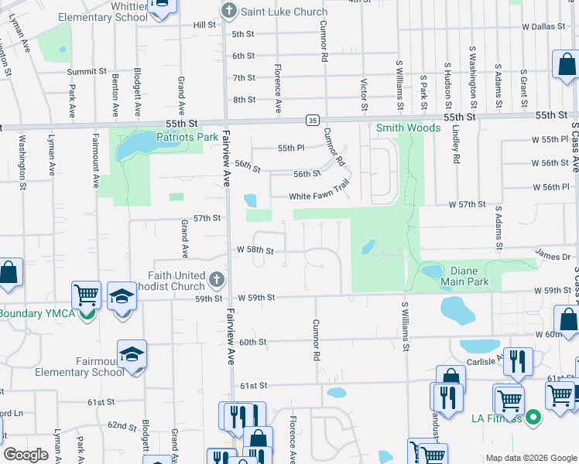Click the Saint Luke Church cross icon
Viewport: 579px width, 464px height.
point(228,12)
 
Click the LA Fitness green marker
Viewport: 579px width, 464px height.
point(532,418)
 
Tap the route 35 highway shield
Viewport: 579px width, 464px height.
point(311,120)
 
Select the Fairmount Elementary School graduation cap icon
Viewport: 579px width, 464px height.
point(132,353)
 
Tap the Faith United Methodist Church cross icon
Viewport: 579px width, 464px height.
point(216,278)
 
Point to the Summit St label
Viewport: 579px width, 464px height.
point(86,71)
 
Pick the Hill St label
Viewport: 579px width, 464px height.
point(204,25)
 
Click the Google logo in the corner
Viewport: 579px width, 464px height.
point(26,455)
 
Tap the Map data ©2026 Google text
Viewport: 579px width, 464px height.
point(530,458)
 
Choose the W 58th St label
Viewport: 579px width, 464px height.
point(255,251)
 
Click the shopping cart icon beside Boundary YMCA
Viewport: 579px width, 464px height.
point(86,295)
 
